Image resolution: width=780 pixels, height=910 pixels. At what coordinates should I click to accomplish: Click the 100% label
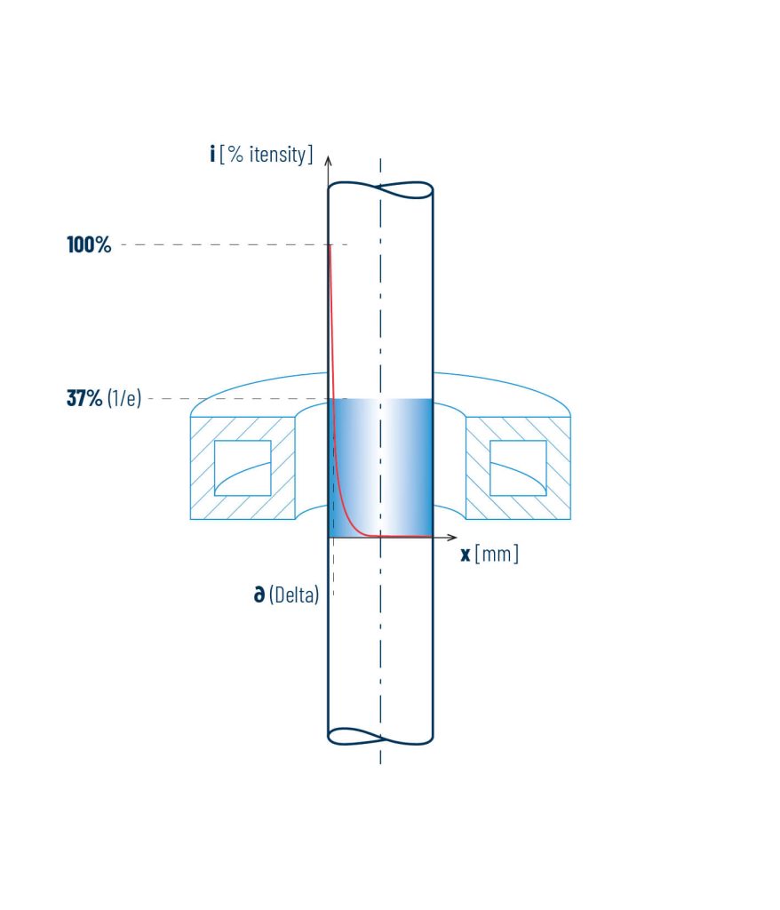point(89,245)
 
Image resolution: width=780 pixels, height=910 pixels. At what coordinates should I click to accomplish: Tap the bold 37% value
point(84,398)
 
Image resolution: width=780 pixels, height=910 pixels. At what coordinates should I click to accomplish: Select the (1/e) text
point(124,398)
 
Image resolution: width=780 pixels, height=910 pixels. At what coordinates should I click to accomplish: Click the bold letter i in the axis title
point(212,154)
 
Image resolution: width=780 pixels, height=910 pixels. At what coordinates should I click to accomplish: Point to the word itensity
point(277,155)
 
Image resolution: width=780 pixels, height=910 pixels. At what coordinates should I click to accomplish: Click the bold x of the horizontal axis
point(466,555)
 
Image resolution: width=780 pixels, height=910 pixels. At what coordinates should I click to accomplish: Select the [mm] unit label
point(497,554)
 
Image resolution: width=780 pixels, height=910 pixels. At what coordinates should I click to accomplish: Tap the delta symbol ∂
point(259,594)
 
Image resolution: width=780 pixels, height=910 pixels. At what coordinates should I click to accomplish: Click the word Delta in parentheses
point(294,595)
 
